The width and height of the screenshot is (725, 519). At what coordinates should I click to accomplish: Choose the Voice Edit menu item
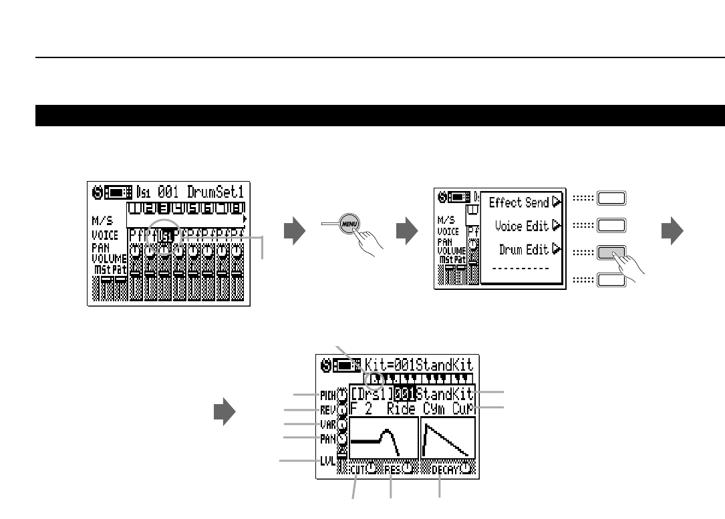click(x=521, y=226)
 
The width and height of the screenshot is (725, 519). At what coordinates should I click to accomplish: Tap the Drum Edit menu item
click(x=524, y=250)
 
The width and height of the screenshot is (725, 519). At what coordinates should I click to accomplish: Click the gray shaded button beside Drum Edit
click(x=611, y=251)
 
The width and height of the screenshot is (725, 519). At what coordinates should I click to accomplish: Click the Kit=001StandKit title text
click(x=419, y=365)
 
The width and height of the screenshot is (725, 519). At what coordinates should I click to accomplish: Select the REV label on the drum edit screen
click(x=329, y=409)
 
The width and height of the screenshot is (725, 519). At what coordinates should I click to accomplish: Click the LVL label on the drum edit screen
click(x=327, y=460)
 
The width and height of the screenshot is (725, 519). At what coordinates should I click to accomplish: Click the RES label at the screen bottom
click(x=393, y=469)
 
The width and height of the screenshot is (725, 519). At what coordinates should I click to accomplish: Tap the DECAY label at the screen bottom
click(x=444, y=469)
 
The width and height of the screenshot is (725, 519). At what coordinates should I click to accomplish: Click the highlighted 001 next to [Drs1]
click(x=404, y=393)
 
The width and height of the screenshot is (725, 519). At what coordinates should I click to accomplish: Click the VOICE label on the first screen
click(x=105, y=235)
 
